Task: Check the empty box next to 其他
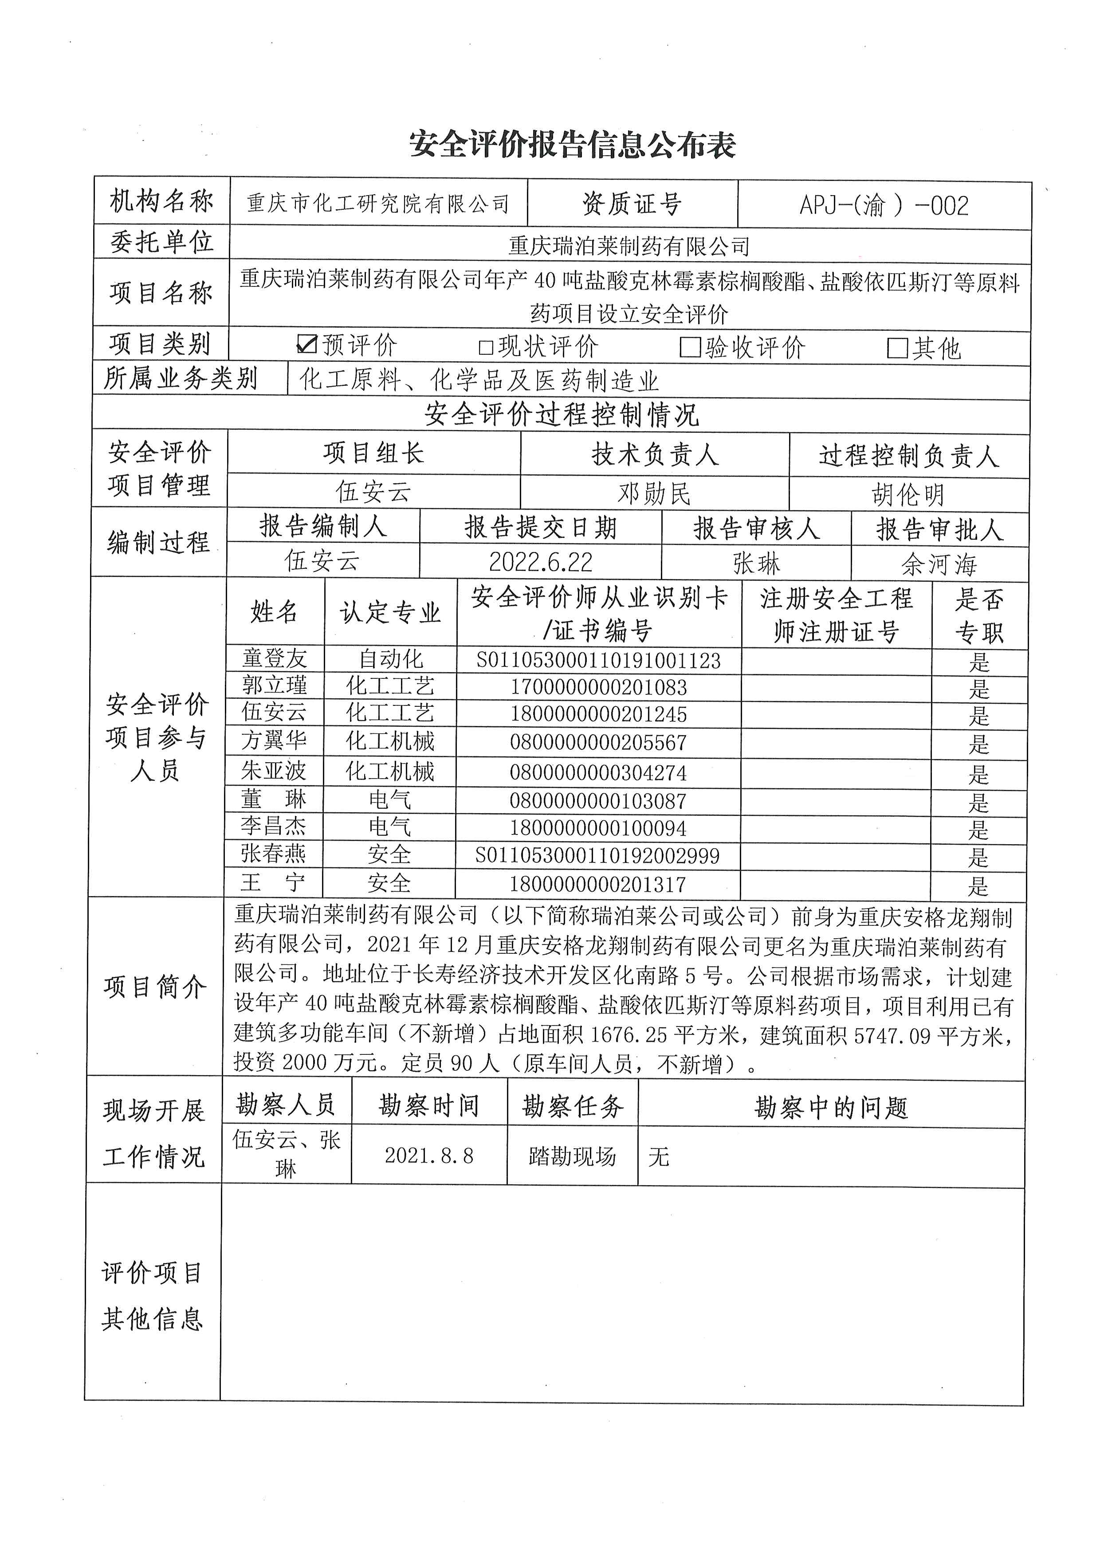897,348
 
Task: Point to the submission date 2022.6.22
541,561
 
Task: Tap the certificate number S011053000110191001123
599,660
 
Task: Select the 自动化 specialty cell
391,659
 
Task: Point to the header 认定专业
391,613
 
